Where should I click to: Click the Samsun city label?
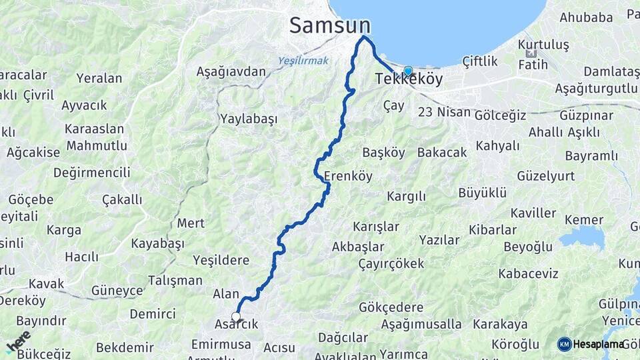[x=329, y=25]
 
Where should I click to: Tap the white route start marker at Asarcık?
[x=236, y=317]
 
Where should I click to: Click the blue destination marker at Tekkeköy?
[x=408, y=70]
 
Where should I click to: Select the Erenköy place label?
[x=348, y=177]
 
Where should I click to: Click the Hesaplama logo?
[x=591, y=344]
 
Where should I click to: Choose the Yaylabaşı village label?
[x=248, y=119]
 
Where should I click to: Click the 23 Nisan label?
[x=444, y=112]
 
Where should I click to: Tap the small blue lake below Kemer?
[x=582, y=237]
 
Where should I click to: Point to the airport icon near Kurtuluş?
[x=531, y=53]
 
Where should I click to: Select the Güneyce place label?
[x=117, y=291]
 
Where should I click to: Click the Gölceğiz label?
[x=500, y=115]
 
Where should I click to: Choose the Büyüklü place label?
[x=483, y=193]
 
